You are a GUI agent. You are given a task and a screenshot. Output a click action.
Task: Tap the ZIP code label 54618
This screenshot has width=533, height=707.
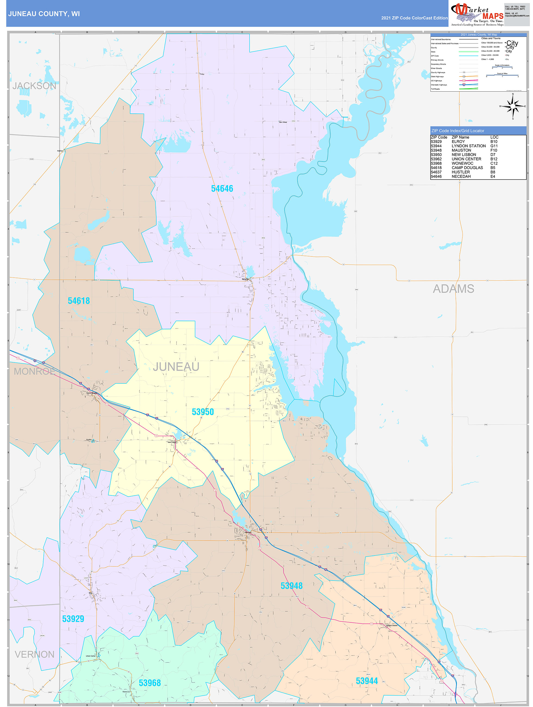(79, 301)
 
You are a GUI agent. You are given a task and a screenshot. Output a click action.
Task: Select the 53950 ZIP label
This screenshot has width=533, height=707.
(202, 412)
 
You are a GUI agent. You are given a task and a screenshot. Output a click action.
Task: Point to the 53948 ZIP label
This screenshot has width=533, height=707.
(291, 586)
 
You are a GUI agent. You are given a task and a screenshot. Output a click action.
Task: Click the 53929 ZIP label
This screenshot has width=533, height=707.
(73, 619)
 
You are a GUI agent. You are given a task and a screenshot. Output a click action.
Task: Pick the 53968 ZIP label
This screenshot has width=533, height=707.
(149, 683)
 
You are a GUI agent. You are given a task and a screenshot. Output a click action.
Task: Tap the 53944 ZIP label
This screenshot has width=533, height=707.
(367, 681)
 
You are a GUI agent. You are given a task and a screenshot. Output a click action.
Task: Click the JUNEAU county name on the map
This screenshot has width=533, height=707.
(176, 367)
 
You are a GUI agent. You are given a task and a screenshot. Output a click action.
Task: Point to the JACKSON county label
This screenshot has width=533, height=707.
(34, 86)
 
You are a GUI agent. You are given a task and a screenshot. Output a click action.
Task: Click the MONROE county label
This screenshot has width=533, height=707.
(34, 371)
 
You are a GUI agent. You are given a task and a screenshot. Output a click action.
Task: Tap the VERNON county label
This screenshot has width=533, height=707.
(35, 654)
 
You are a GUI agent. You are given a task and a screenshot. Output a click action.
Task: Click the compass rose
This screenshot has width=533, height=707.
(513, 106)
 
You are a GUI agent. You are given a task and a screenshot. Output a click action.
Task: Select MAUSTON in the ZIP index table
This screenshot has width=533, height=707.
(461, 150)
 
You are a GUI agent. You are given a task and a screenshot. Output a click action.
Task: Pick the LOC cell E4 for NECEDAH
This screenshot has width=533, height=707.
(493, 176)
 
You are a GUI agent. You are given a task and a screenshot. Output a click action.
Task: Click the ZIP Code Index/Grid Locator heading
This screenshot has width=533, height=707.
(458, 131)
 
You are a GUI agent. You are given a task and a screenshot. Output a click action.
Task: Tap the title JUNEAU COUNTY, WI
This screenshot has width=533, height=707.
(44, 14)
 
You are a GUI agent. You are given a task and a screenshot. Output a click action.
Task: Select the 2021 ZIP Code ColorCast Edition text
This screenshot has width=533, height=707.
(414, 18)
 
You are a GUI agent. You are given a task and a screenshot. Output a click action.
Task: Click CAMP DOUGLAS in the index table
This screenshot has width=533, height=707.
(467, 168)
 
